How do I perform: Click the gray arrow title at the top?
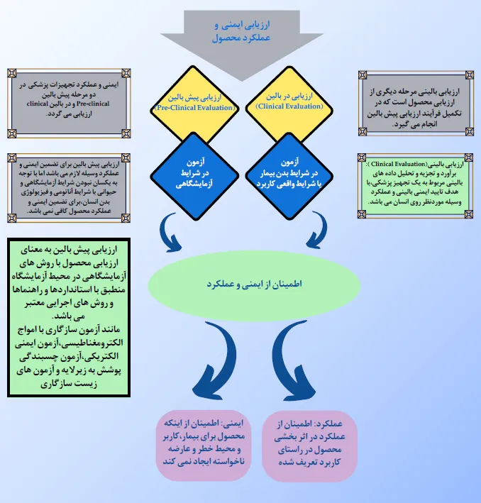coord(242,31)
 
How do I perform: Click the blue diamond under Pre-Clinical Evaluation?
coord(194,176)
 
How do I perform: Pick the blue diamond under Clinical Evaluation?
coord(289,176)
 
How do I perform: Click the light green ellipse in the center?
coord(254,284)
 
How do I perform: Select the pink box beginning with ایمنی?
coord(204,445)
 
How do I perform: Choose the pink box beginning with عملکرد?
coord(309,446)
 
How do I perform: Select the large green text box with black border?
coord(69,317)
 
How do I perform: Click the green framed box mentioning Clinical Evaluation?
coord(415,186)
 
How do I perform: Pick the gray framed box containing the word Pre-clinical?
coord(69,103)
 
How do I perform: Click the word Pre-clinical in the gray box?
coord(93,104)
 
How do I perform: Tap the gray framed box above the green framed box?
coord(416,104)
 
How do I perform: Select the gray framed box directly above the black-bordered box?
coord(69,188)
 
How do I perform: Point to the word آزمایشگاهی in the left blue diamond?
coord(194,184)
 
